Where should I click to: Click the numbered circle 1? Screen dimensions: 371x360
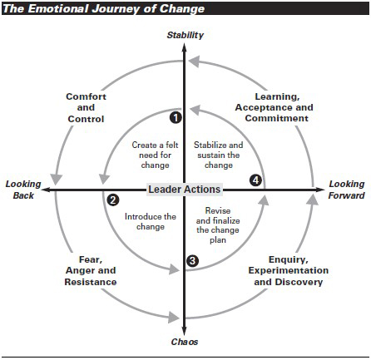176,118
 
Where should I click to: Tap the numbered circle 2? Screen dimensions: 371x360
113,200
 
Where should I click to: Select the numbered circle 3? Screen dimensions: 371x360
192,261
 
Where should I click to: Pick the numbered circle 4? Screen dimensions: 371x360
255,180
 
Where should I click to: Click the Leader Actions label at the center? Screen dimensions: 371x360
185,190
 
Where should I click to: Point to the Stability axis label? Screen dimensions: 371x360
185,35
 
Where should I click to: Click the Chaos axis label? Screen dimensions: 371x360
185,342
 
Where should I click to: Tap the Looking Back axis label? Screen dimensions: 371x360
23,190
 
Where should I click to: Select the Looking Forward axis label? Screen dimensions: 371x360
347,190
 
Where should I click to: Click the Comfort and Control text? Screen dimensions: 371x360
86,108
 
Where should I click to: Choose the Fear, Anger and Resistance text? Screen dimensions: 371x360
91,270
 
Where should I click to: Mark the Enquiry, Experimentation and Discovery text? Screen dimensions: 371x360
289,270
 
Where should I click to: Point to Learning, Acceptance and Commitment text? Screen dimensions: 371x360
275,107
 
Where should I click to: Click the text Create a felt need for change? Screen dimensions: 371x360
155,155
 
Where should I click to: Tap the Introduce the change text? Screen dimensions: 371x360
151,221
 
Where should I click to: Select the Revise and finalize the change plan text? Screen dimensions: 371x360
218,225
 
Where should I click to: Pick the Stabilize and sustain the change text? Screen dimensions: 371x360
219,155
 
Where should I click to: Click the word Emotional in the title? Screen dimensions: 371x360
58,8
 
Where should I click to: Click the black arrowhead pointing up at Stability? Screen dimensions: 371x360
184,47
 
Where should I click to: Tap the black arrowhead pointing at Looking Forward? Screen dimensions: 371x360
320,190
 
